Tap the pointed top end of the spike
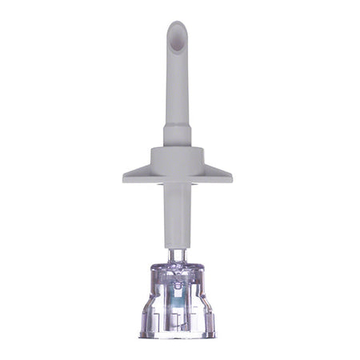[177, 23]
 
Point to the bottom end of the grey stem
[177, 242]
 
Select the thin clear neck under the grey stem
[178, 251]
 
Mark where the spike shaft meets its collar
[175, 122]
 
